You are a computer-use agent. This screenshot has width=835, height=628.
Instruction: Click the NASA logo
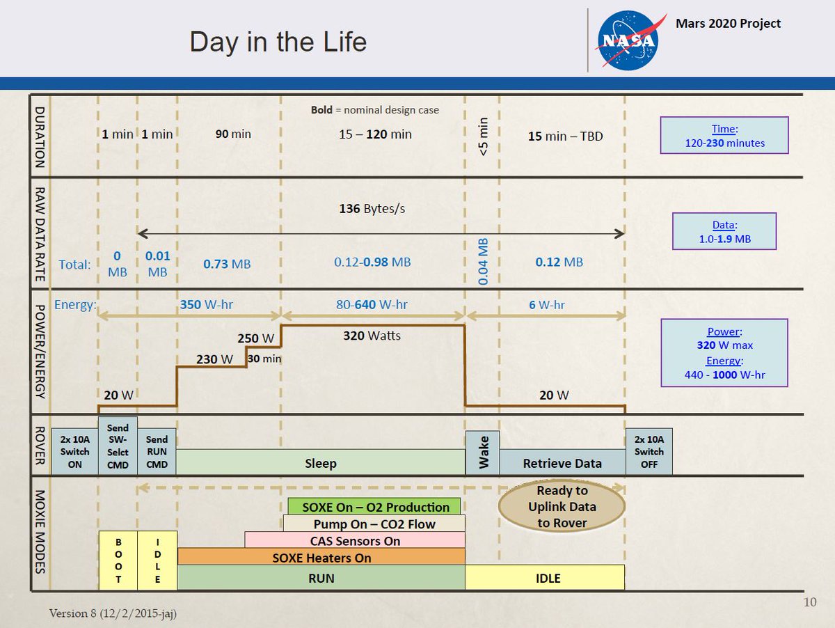pyautogui.click(x=626, y=40)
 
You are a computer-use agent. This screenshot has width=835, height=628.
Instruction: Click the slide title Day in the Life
pyautogui.click(x=278, y=42)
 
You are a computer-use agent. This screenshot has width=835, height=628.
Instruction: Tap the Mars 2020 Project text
pyautogui.click(x=729, y=24)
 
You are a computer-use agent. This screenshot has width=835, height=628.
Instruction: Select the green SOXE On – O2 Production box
pyautogui.click(x=374, y=506)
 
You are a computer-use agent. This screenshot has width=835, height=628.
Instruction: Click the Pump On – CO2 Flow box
pyautogui.click(x=374, y=524)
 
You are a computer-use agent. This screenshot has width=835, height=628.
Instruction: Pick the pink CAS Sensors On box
pyautogui.click(x=355, y=540)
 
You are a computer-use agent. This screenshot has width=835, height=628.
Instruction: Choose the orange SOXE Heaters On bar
pyautogui.click(x=321, y=557)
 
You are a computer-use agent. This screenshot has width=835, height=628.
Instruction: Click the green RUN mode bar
pyautogui.click(x=321, y=577)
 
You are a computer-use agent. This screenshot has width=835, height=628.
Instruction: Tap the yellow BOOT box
pyautogui.click(x=118, y=560)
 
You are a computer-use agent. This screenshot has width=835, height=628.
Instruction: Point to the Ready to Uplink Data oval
pyautogui.click(x=562, y=507)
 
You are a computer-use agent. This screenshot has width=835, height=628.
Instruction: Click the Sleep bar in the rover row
pyautogui.click(x=321, y=462)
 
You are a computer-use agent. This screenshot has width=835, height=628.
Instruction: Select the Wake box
pyautogui.click(x=482, y=453)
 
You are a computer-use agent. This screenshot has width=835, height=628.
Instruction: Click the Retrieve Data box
pyautogui.click(x=562, y=462)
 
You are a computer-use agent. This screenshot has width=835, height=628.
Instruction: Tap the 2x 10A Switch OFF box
pyautogui.click(x=649, y=451)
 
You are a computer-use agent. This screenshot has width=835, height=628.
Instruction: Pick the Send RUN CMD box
pyautogui.click(x=157, y=451)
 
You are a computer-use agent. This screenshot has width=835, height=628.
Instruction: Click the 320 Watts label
pyautogui.click(x=372, y=336)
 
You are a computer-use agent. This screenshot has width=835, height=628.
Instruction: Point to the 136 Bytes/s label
pyautogui.click(x=372, y=209)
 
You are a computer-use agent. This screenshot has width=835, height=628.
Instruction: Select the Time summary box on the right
pyautogui.click(x=724, y=136)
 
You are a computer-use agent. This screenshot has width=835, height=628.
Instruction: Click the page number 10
pyautogui.click(x=809, y=602)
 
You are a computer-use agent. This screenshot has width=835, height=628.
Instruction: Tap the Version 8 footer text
pyautogui.click(x=117, y=613)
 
